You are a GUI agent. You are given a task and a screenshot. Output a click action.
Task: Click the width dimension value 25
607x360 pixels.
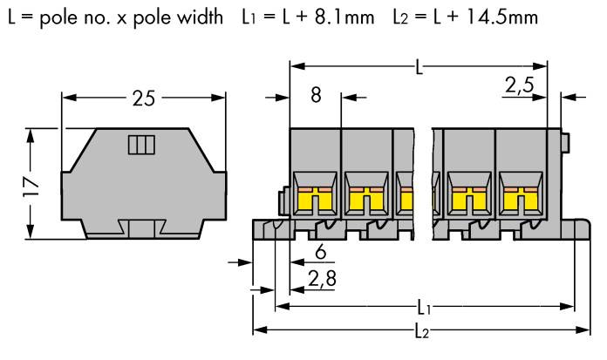click(x=143, y=98)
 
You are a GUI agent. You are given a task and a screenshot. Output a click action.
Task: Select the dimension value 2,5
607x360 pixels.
click(x=519, y=85)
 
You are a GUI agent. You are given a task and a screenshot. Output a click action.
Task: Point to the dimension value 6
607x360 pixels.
click(x=319, y=254)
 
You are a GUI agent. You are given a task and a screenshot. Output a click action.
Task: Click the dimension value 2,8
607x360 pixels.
click(x=322, y=278)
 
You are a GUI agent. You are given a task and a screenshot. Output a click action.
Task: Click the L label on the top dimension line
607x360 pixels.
click(x=420, y=67)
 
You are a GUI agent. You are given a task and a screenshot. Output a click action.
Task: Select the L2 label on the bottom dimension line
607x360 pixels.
click(x=421, y=332)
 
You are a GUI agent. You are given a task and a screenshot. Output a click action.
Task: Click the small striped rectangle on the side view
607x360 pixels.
click(x=140, y=145)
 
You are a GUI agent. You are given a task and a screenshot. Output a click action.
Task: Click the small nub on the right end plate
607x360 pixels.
click(x=565, y=139)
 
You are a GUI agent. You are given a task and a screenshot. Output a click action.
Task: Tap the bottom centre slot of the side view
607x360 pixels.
click(x=142, y=228)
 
